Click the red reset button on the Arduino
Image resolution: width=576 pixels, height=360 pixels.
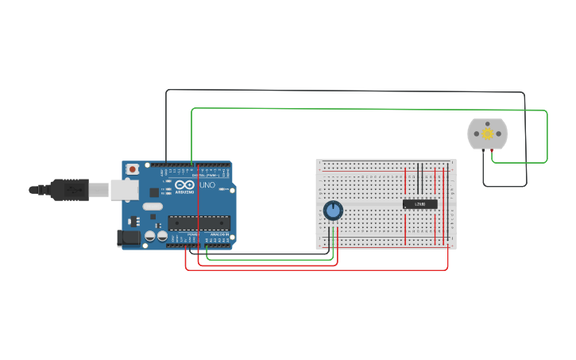132,169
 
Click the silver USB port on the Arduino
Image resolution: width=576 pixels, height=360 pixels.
123,189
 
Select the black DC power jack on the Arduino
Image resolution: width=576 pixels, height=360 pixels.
128,237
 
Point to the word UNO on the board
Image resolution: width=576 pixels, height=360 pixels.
207,185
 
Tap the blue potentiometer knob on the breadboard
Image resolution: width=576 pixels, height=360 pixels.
333,210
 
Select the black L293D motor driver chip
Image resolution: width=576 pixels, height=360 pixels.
419,204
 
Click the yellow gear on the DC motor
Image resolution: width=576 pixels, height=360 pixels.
487,134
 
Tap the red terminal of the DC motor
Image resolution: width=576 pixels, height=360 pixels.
493,151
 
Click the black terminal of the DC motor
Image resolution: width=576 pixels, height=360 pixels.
481,151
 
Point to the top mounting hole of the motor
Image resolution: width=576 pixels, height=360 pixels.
487,122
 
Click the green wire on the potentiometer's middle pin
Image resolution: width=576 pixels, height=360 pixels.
333,237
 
